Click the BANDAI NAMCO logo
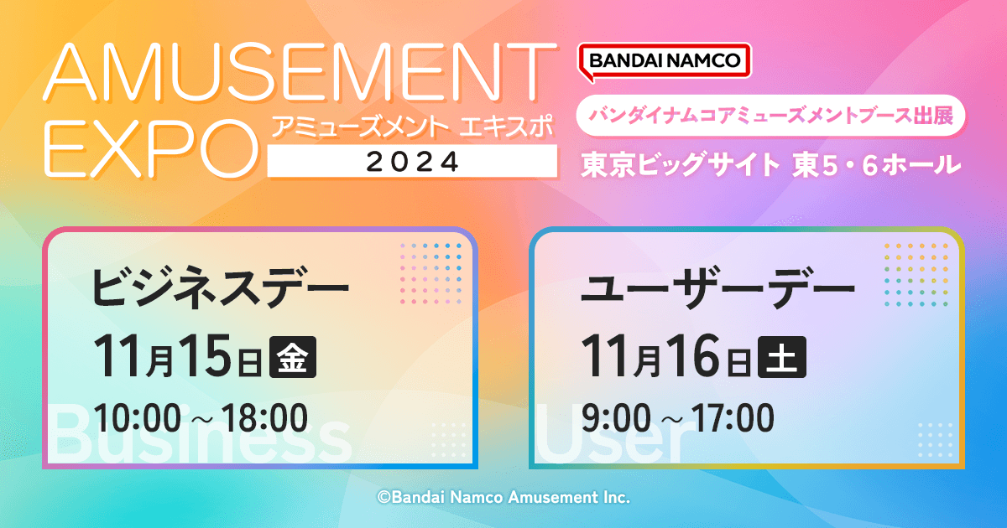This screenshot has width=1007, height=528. coord(665,62)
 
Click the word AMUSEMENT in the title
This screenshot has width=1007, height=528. coord(300,72)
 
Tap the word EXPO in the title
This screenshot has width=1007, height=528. coord(151,149)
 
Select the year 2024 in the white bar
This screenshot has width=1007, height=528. coord(412,162)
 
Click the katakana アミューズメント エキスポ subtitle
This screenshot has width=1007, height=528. coord(412,127)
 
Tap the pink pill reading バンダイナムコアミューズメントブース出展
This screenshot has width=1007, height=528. coord(770,116)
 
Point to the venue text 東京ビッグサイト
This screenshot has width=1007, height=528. coord(680,164)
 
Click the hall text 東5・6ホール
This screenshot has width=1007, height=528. coord(877,165)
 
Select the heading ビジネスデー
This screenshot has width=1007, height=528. coord(220,287)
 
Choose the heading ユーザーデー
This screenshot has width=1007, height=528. coord(717,287)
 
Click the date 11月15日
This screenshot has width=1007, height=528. coord(178,356)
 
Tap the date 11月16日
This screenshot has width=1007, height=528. coord(665,356)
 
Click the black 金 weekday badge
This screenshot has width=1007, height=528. coord(293,357)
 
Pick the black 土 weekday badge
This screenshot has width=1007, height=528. coord(782,357)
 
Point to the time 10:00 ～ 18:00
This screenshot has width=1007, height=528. coord(201,418)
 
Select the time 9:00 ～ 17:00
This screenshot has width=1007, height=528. coord(677,418)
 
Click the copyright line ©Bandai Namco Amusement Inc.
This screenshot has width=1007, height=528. coord(503,498)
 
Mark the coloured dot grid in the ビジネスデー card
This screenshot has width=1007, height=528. coord(430,273)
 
